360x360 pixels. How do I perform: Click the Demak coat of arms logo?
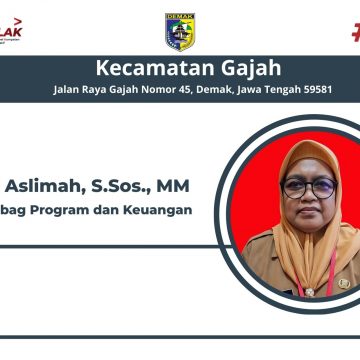(179, 31)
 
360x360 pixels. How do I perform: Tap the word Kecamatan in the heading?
(148, 68)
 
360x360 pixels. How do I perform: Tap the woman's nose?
(309, 197)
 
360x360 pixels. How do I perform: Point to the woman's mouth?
(310, 212)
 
